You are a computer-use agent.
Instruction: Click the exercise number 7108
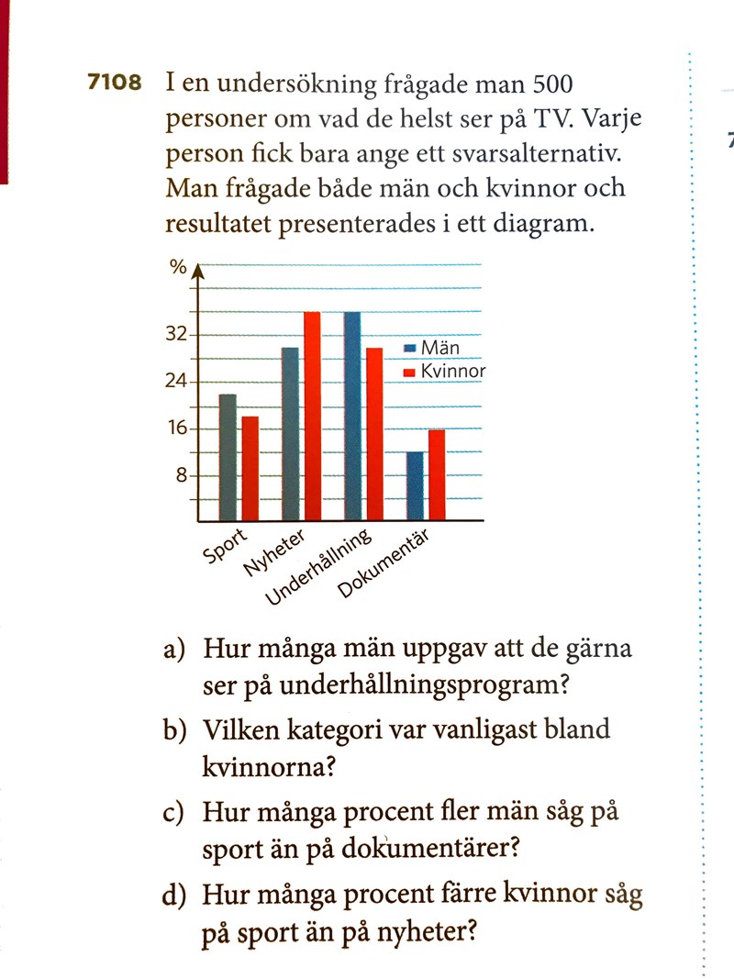pos(115,83)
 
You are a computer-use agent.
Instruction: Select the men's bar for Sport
pos(228,457)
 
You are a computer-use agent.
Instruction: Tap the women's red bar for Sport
pos(250,468)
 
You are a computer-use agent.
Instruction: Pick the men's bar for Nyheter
pos(290,434)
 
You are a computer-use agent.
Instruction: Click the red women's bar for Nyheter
pos(312,416)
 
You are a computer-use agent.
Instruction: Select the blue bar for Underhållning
pos(351,416)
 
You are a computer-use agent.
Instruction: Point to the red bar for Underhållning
pos(373,434)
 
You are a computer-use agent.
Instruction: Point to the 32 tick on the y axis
pos(175,334)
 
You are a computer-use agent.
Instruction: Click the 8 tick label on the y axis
pos(181,475)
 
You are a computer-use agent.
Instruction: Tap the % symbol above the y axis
pos(177,268)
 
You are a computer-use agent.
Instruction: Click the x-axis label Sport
pos(224,545)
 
